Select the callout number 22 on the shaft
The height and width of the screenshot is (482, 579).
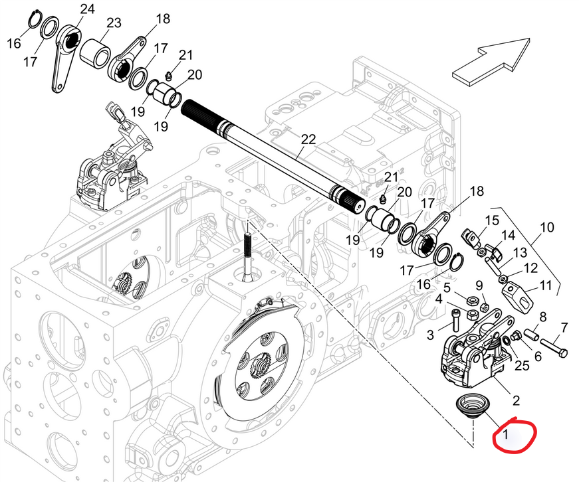pos(308,139)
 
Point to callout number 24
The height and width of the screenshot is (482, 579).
pos(87,9)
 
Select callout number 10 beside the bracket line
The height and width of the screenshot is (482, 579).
pos(546,228)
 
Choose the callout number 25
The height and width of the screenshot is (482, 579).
pos(522,366)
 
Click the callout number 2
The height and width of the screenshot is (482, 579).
pos(515,400)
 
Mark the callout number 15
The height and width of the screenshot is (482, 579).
pos(491,220)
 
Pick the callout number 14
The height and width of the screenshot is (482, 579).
pos(508,235)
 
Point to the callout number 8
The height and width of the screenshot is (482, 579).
pos(542,317)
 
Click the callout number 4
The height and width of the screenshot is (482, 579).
pos(438,299)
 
